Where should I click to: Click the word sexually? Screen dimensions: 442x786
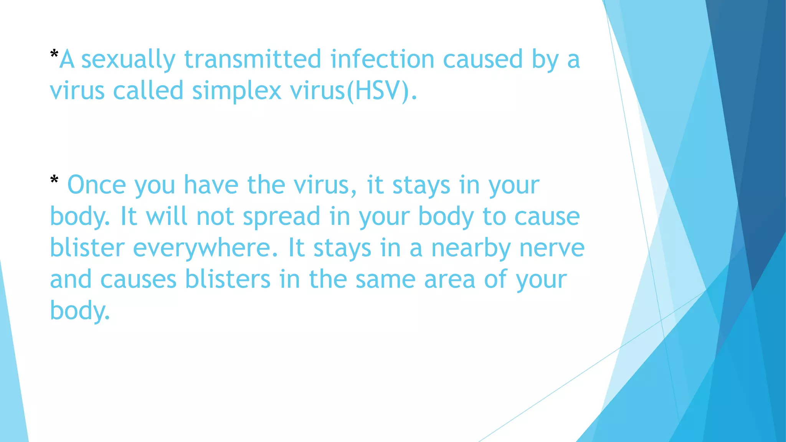tap(128, 60)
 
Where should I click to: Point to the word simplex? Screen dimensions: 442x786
tap(237, 91)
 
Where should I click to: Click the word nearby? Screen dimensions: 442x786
tap(471, 249)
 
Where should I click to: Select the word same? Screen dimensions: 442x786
tap(385, 279)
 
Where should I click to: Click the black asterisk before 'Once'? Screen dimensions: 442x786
tap(54, 180)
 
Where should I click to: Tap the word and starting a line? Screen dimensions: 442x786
tap(71, 279)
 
